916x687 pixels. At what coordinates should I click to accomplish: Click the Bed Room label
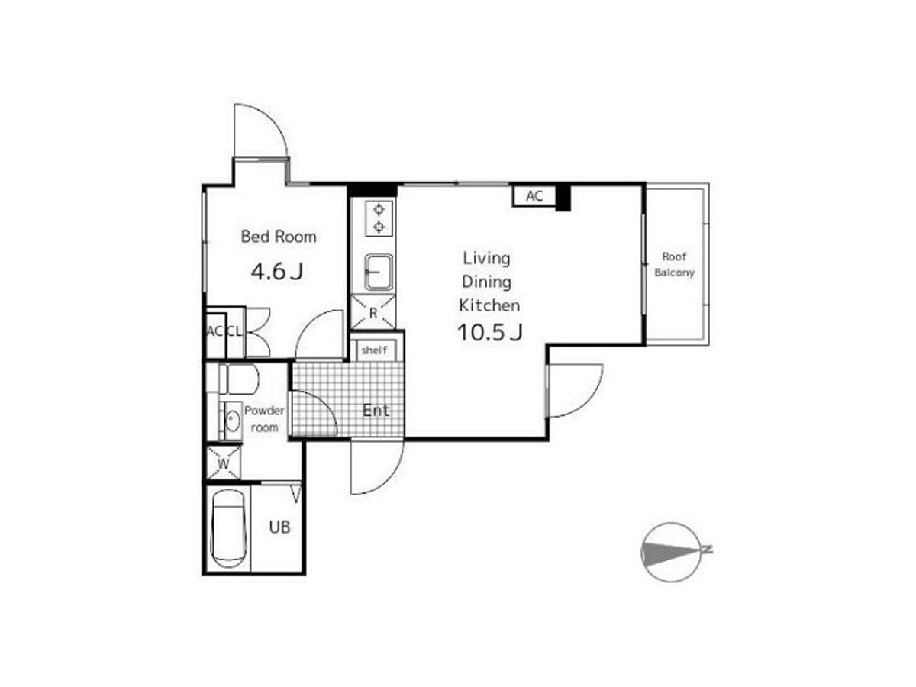279,237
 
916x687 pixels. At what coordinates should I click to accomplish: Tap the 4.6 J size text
276,272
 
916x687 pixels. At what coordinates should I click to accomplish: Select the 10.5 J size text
489,333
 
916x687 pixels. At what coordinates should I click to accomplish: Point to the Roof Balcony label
674,264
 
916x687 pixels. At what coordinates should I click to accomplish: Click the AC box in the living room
534,195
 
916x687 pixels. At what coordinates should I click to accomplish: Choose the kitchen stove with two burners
379,218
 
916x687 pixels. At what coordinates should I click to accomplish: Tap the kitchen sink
379,273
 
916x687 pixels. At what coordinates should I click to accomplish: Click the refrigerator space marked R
373,312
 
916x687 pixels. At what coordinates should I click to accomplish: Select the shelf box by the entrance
374,350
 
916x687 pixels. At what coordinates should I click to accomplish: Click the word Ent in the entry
376,411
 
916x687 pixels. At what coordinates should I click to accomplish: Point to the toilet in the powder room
238,379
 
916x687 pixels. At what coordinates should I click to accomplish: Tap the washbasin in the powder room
232,421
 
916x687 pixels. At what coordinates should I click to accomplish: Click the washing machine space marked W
224,463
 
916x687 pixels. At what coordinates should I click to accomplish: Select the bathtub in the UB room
227,529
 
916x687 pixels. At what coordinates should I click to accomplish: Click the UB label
279,527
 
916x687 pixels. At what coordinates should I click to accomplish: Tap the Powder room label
264,419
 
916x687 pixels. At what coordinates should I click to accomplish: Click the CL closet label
234,331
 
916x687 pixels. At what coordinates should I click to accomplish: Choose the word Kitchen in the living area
489,306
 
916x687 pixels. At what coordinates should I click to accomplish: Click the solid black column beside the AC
563,198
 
